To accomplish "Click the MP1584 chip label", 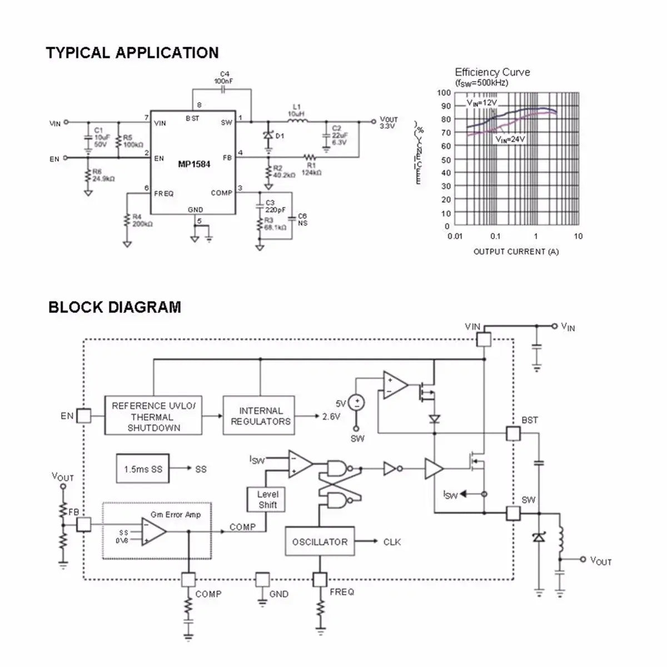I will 194,165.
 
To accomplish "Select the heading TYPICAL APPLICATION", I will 132,53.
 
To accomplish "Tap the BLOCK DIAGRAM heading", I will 115,307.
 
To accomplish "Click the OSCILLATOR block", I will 320,542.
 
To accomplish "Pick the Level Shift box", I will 267,499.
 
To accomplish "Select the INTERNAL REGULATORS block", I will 260,416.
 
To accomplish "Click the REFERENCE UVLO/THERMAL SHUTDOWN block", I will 153,416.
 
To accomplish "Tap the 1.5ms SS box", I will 143,469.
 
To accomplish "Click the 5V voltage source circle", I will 357,402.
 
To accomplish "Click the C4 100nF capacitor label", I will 224,77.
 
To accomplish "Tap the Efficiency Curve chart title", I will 492,72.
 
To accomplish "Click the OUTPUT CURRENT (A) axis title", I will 516,252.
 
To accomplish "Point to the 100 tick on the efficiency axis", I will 444,93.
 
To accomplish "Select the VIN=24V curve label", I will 510,140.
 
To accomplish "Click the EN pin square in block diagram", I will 83,416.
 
